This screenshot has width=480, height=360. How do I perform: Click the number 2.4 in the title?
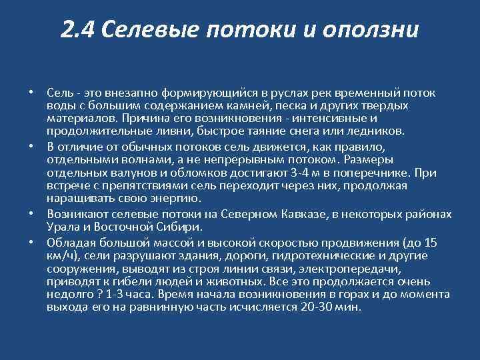tap(78, 29)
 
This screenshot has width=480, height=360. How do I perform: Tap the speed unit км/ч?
tap(59, 255)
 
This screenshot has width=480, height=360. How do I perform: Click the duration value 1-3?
tap(107, 295)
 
